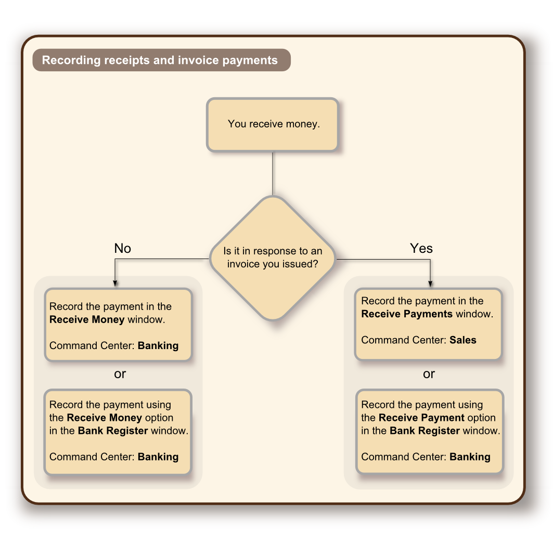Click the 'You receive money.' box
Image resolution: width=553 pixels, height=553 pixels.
pyautogui.click(x=273, y=125)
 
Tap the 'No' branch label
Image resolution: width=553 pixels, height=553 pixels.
pyautogui.click(x=122, y=249)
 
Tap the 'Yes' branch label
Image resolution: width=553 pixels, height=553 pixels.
pyautogui.click(x=421, y=249)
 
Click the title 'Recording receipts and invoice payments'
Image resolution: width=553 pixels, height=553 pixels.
pyautogui.click(x=160, y=60)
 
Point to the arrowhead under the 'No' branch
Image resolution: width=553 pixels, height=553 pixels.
pyautogui.click(x=115, y=283)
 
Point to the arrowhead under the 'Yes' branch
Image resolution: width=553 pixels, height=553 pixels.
pyautogui.click(x=430, y=283)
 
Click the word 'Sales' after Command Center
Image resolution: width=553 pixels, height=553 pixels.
pyautogui.click(x=462, y=340)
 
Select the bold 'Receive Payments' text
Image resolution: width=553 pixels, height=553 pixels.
pyautogui.click(x=407, y=314)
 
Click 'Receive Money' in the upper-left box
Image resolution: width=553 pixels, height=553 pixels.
pyautogui.click(x=87, y=319)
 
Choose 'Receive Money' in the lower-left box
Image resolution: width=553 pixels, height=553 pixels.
pyautogui.click(x=104, y=418)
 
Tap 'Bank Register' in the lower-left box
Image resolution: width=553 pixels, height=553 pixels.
pyautogui.click(x=113, y=431)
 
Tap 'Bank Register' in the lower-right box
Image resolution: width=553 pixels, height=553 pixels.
pyautogui.click(x=425, y=431)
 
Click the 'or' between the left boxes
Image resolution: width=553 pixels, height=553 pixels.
pyautogui.click(x=120, y=374)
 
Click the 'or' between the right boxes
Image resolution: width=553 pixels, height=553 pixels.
pyautogui.click(x=429, y=374)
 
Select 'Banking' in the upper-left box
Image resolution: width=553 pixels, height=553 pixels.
pyautogui.click(x=158, y=345)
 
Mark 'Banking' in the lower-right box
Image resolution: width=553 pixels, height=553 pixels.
pyautogui.click(x=470, y=457)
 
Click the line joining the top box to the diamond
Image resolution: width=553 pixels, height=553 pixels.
pyautogui.click(x=273, y=174)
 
